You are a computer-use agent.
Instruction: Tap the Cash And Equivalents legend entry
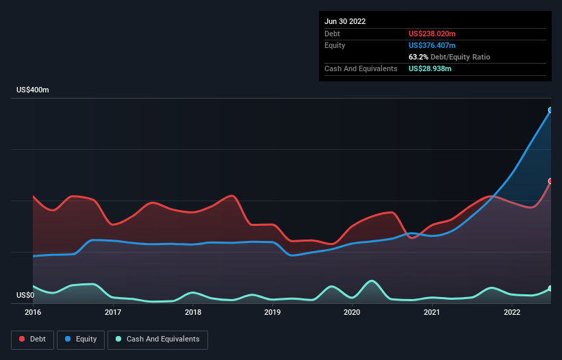tap(157, 339)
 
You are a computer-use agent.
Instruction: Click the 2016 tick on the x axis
tap(33, 313)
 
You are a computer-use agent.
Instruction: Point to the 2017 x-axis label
tap(113, 313)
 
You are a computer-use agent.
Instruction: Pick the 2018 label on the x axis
tap(193, 313)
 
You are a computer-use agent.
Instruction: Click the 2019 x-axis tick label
tap(272, 313)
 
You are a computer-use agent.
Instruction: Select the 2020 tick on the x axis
tap(352, 313)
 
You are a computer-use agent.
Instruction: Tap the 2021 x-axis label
tap(432, 313)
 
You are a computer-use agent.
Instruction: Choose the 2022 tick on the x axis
tap(512, 313)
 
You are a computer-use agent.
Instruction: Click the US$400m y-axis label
tap(33, 90)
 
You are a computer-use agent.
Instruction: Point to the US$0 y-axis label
tap(25, 296)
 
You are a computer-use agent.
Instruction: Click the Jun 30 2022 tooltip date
tap(345, 21)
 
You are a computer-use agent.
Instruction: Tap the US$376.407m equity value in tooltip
tap(432, 45)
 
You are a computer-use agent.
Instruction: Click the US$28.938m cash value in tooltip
tap(430, 68)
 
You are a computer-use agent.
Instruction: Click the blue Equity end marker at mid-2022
tap(550, 110)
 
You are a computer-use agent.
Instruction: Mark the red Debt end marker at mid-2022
tap(550, 181)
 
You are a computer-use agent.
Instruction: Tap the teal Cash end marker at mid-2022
tap(550, 288)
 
